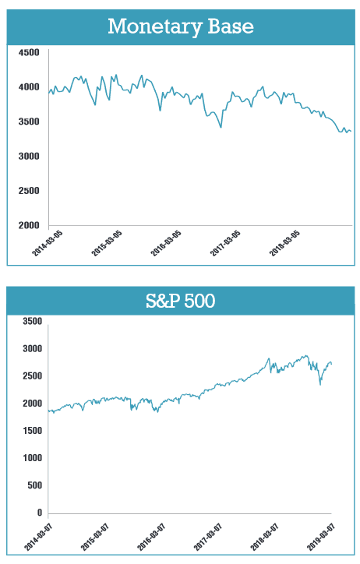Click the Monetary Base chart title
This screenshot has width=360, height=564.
point(181,27)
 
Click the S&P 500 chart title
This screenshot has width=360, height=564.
point(181,301)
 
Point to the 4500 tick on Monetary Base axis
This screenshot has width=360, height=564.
point(29,53)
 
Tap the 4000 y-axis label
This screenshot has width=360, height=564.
point(29,87)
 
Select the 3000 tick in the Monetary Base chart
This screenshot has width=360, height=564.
point(29,157)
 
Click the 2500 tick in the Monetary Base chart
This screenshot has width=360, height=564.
point(29,191)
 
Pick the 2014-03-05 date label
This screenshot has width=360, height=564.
point(47,244)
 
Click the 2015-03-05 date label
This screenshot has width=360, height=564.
point(107,244)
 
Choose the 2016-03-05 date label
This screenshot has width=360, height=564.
point(166,244)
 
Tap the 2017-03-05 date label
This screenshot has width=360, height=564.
point(225,244)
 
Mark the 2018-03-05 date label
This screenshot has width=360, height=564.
point(284,244)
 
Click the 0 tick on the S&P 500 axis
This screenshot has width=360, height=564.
point(40,513)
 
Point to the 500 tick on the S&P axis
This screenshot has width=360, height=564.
point(35,485)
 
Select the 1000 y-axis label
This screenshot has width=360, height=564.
point(33,458)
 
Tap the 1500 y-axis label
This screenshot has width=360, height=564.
point(33,431)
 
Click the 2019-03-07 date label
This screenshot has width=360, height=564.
point(321,537)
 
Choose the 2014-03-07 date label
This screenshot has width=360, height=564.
point(38,537)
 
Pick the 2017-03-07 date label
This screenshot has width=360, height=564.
point(208,537)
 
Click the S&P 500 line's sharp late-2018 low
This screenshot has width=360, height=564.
point(320,385)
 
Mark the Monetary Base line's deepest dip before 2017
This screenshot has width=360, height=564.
point(221,127)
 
